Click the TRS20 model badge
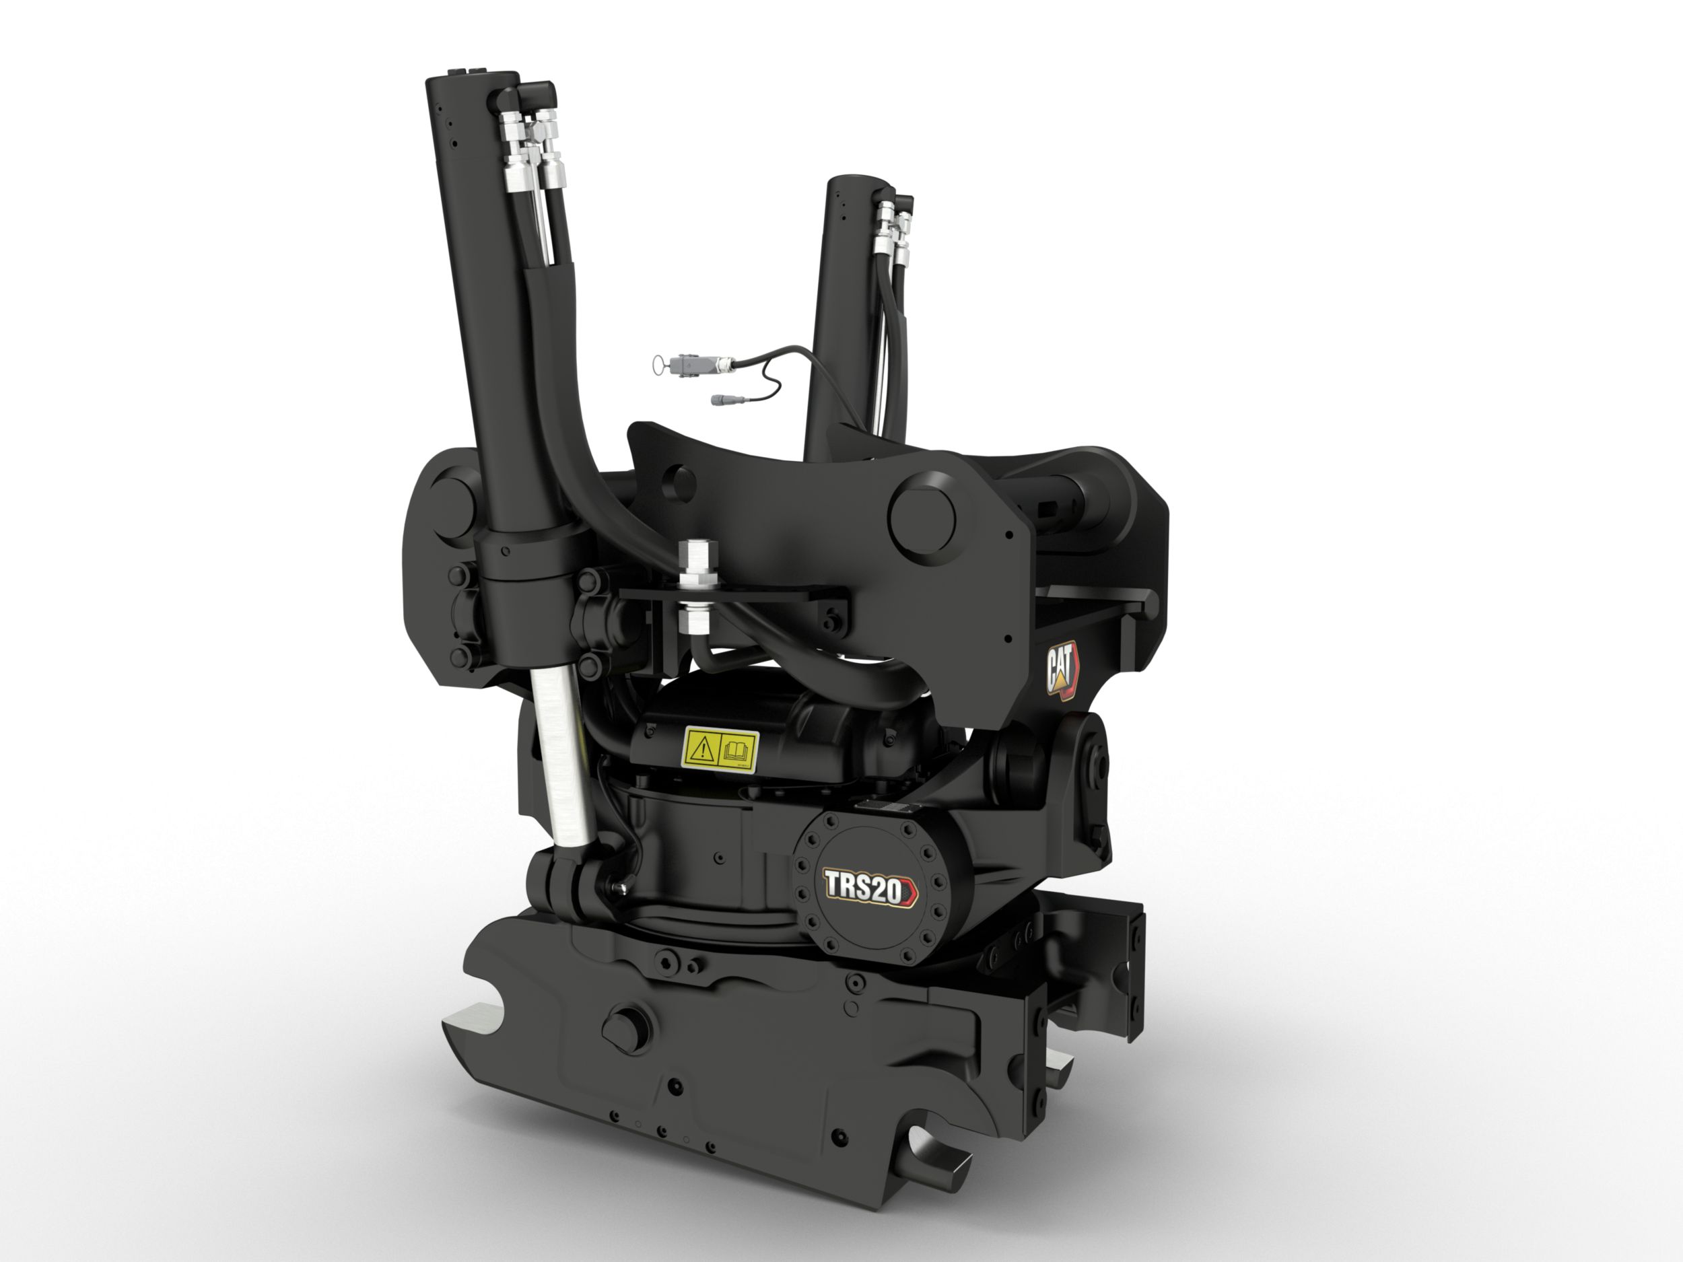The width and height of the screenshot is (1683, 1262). [x=871, y=888]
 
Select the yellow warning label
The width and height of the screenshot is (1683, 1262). [x=720, y=748]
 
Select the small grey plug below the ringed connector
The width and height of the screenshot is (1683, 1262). [x=723, y=399]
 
